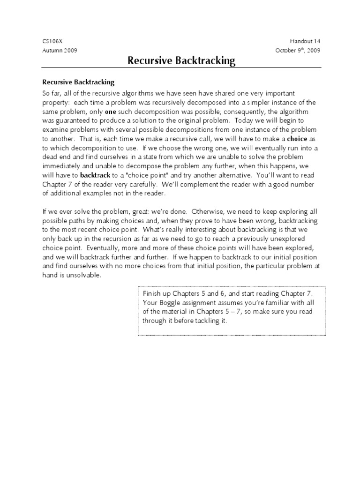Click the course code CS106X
(52, 41)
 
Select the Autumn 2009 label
(60, 50)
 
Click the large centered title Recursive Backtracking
(181, 61)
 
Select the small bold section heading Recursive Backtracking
(78, 82)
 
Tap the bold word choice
(296, 139)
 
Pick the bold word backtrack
(95, 176)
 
